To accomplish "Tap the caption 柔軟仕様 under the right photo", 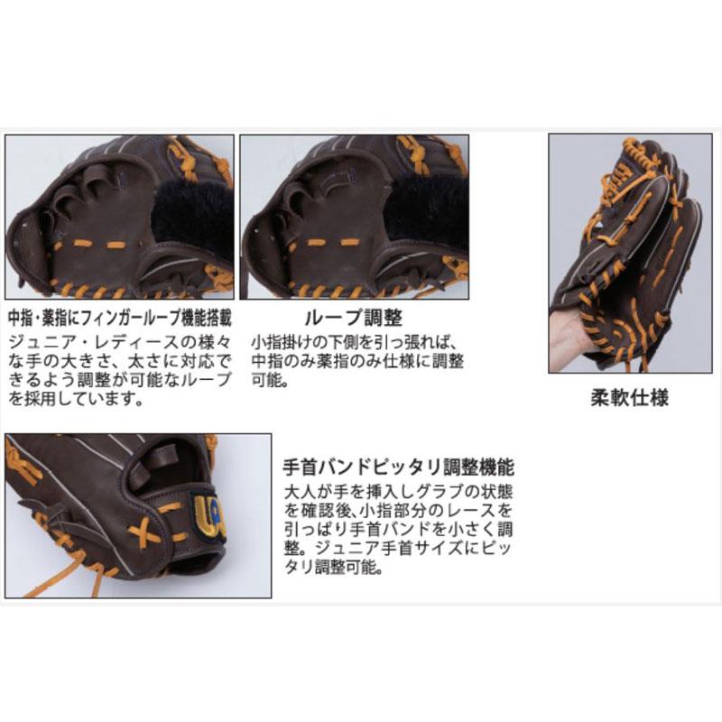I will click(625, 398).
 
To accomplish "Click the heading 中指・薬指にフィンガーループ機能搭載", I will click(119, 319).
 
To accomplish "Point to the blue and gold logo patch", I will click(207, 519).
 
